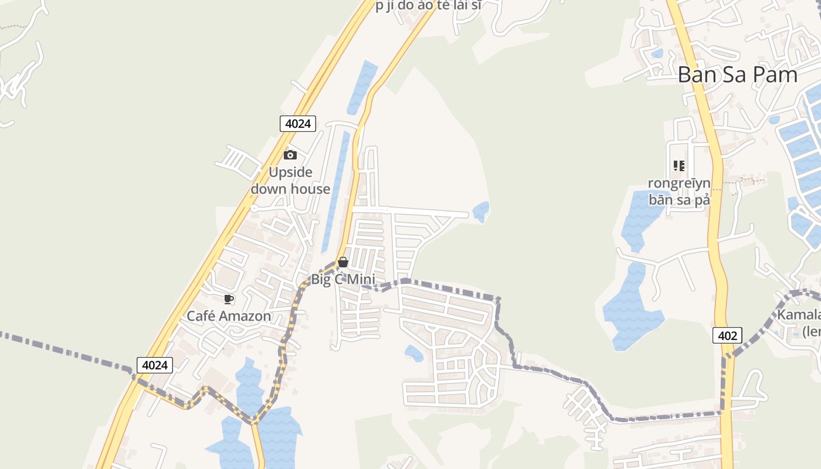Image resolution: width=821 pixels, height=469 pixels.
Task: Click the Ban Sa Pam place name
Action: [x=738, y=75]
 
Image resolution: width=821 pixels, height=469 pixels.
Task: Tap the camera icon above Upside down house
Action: [x=290, y=155]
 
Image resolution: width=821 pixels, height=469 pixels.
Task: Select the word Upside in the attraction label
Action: [x=290, y=172]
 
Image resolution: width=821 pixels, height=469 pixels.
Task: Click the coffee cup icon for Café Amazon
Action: [x=229, y=300]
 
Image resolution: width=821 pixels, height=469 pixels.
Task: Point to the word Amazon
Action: [x=245, y=317]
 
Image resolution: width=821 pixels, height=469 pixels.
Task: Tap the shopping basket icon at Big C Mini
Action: [x=343, y=262]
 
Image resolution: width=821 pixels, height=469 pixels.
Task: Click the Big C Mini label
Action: [x=343, y=280]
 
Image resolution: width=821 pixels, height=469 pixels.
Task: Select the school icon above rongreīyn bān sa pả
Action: [x=679, y=166]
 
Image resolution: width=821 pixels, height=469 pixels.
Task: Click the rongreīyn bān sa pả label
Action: [x=679, y=191]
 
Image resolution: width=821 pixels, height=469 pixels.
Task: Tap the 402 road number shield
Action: [x=728, y=336]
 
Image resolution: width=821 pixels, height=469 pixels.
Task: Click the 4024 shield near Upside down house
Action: [x=298, y=124]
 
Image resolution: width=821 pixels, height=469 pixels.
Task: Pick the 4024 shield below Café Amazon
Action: [x=155, y=365]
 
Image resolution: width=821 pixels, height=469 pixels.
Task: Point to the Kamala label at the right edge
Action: [x=799, y=315]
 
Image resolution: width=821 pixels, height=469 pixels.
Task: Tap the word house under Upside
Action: [x=311, y=189]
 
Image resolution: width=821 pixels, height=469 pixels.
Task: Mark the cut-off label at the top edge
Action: [x=428, y=6]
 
